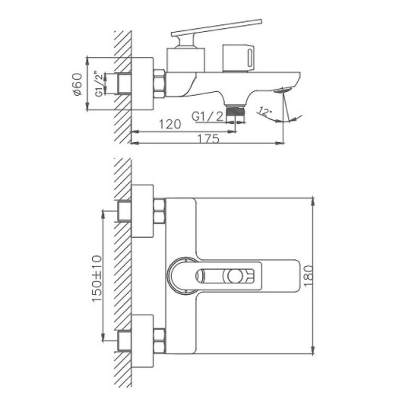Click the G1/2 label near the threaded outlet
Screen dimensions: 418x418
tap(206, 116)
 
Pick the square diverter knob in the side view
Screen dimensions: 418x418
tap(238, 57)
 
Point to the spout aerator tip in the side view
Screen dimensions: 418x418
tap(287, 90)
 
